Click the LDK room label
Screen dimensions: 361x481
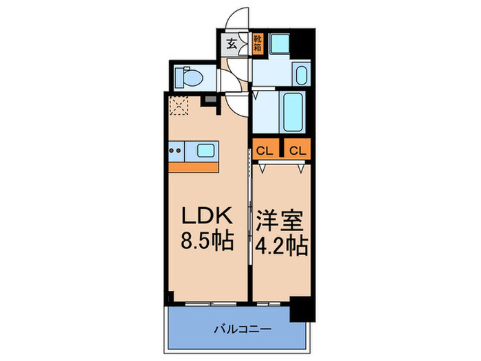coord(205,218)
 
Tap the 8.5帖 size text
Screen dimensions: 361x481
coord(205,241)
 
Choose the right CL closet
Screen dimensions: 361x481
coord(298,149)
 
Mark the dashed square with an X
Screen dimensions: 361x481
coord(180,105)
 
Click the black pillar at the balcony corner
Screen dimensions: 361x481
coord(300,309)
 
